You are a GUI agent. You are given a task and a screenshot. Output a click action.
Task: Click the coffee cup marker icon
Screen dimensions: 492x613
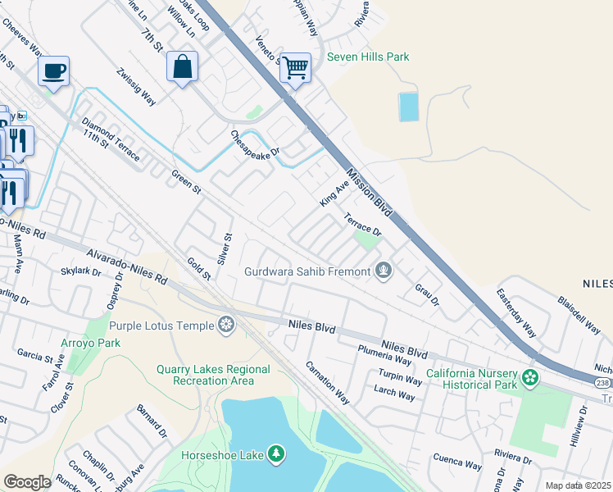pos(53,71)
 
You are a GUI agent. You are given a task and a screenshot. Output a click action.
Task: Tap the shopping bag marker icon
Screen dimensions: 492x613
pos(182,67)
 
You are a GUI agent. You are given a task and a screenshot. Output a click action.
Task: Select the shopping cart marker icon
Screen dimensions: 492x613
pos(295,67)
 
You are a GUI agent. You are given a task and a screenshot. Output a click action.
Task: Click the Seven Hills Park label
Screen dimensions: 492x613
pos(368,57)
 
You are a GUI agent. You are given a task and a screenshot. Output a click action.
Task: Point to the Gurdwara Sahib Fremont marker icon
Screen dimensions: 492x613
pos(383,270)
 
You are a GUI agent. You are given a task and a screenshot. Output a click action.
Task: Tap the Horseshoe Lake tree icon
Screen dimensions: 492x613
pos(276,453)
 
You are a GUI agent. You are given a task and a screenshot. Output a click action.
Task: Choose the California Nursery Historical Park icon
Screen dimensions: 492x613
pos(531,378)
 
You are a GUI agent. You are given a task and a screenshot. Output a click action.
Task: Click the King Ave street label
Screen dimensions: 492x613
pos(334,194)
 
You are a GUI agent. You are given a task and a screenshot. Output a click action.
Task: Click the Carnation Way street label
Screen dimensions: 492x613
pos(328,383)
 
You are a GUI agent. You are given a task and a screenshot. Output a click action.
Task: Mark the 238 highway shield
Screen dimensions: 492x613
pos(602,382)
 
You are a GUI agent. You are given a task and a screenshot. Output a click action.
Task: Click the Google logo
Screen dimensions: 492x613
pos(27,481)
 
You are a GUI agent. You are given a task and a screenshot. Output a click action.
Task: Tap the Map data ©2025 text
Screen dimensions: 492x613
pos(578,485)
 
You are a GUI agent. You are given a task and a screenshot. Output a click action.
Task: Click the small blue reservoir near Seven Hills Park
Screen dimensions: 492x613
pos(407,107)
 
